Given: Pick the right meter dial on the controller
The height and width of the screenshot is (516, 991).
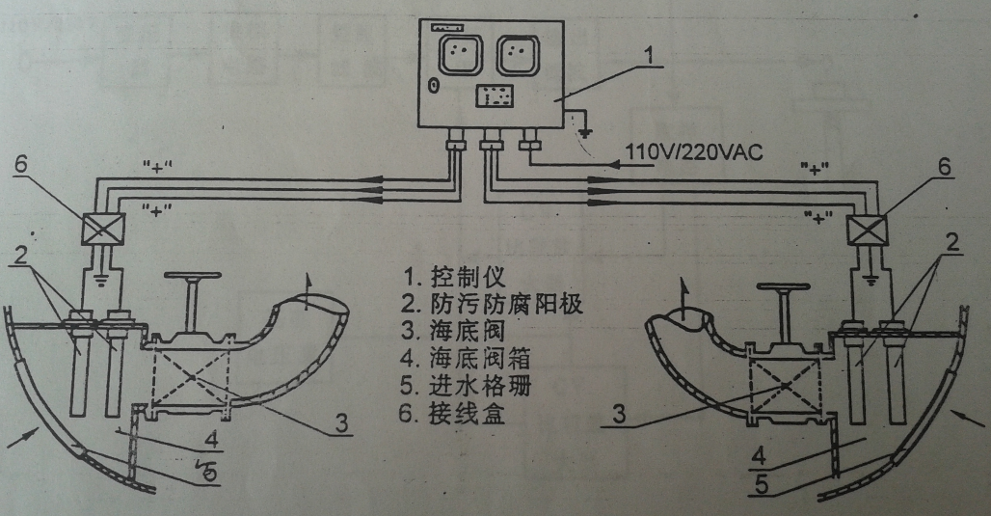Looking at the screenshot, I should (518, 57).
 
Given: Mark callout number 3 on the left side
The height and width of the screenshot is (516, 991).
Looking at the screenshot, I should (340, 421).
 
